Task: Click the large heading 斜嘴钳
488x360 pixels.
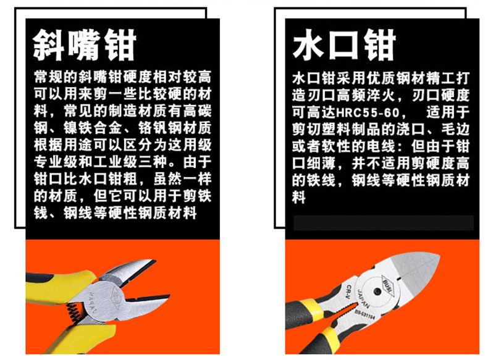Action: pyautogui.click(x=85, y=46)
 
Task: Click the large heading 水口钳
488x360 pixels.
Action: pyautogui.click(x=344, y=45)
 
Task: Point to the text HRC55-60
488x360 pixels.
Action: pyautogui.click(x=368, y=112)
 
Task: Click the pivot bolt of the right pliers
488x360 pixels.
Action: pyautogui.click(x=377, y=291)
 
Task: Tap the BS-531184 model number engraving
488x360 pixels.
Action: pyautogui.click(x=364, y=314)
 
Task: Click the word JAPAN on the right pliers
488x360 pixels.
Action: pyautogui.click(x=363, y=298)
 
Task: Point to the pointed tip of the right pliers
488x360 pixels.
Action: pyautogui.click(x=439, y=256)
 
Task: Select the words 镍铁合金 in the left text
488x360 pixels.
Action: pyautogui.click(x=93, y=128)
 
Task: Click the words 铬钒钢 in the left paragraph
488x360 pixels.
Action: pyautogui.click(x=159, y=128)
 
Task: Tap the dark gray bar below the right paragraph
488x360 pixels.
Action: pyautogui.click(x=384, y=222)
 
